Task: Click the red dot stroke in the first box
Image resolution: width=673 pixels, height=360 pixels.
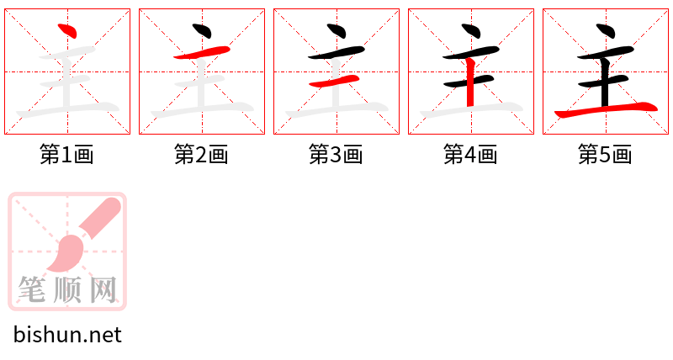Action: click(x=69, y=31)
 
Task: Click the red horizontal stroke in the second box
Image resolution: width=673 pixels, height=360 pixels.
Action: click(x=202, y=53)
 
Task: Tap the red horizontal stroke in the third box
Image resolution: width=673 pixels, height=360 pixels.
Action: click(x=334, y=81)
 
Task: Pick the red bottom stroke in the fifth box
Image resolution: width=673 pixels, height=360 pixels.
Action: click(x=606, y=110)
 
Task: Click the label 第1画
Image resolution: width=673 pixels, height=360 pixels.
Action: click(x=66, y=155)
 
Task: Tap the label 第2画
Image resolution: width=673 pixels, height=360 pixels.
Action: click(x=201, y=155)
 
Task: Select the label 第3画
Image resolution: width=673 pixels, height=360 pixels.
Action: click(x=336, y=155)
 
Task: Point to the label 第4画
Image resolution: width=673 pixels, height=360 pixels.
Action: click(x=470, y=155)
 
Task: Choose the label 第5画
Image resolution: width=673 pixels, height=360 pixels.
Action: click(x=605, y=155)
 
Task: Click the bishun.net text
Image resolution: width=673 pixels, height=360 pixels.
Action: click(x=67, y=335)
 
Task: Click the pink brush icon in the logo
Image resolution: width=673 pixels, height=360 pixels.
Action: click(x=82, y=236)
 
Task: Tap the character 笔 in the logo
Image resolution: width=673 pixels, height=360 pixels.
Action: click(x=32, y=289)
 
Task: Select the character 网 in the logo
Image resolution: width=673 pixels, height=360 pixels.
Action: click(x=103, y=289)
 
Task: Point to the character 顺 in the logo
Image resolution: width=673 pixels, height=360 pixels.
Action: click(x=67, y=289)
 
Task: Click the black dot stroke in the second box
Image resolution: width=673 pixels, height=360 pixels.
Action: click(x=203, y=31)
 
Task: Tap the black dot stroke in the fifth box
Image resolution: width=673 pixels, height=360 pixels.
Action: click(x=607, y=31)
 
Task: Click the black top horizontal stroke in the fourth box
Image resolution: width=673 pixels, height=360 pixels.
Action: click(x=471, y=53)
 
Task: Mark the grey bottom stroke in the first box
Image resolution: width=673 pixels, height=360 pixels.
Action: click(x=68, y=110)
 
